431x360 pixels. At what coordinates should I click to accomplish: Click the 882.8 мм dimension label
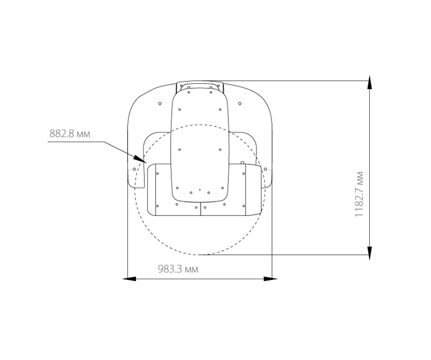pyautogui.click(x=70, y=134)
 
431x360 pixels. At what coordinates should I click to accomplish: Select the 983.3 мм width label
pyautogui.click(x=178, y=269)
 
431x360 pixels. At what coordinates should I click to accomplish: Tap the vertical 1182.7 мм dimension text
pyautogui.click(x=359, y=194)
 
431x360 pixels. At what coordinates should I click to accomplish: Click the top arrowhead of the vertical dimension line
pyautogui.click(x=370, y=82)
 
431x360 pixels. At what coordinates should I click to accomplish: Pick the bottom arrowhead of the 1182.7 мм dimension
pyautogui.click(x=370, y=253)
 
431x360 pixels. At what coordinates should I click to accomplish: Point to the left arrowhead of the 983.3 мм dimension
pyautogui.click(x=129, y=279)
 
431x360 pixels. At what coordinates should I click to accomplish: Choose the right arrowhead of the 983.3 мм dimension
pyautogui.click(x=271, y=279)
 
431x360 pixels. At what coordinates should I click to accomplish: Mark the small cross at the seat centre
pyautogui.click(x=200, y=190)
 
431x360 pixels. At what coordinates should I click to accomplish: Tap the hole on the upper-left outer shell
pyautogui.click(x=160, y=103)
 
